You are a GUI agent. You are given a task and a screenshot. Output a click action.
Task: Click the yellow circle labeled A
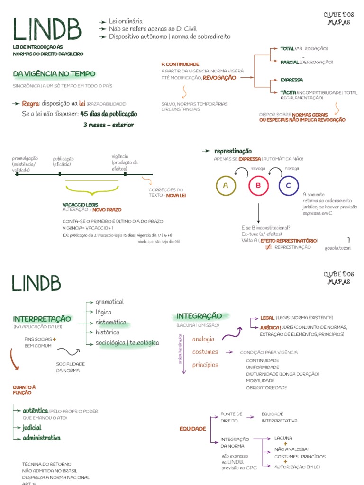pos(226,186)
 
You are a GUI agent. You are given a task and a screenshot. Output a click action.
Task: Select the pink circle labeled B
pos(258,186)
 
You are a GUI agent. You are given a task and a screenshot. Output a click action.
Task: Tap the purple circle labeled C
pos(288,186)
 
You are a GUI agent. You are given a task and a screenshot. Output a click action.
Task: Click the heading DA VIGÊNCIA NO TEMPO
pos(54,74)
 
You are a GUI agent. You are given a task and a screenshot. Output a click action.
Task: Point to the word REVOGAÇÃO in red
pos(219,78)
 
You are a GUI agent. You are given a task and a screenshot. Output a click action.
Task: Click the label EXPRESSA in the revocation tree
pos(291,80)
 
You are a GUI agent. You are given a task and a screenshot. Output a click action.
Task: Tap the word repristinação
pos(233,151)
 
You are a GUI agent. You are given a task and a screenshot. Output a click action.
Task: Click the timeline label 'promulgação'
pos(25,158)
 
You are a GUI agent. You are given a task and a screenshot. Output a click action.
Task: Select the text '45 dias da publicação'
pos(109,114)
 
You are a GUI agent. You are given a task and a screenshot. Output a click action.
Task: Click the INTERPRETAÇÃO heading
pos(42,319)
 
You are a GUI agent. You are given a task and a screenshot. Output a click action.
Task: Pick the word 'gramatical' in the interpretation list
pos(109,302)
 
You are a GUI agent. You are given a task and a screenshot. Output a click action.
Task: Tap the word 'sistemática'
pos(111,323)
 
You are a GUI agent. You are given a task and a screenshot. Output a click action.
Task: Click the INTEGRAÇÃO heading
pos(199,316)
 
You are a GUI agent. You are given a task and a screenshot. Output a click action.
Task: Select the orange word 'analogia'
pos(203,339)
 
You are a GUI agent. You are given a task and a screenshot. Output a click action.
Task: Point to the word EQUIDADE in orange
pos(192,429)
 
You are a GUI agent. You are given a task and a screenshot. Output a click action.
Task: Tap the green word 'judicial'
pos(32,427)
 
